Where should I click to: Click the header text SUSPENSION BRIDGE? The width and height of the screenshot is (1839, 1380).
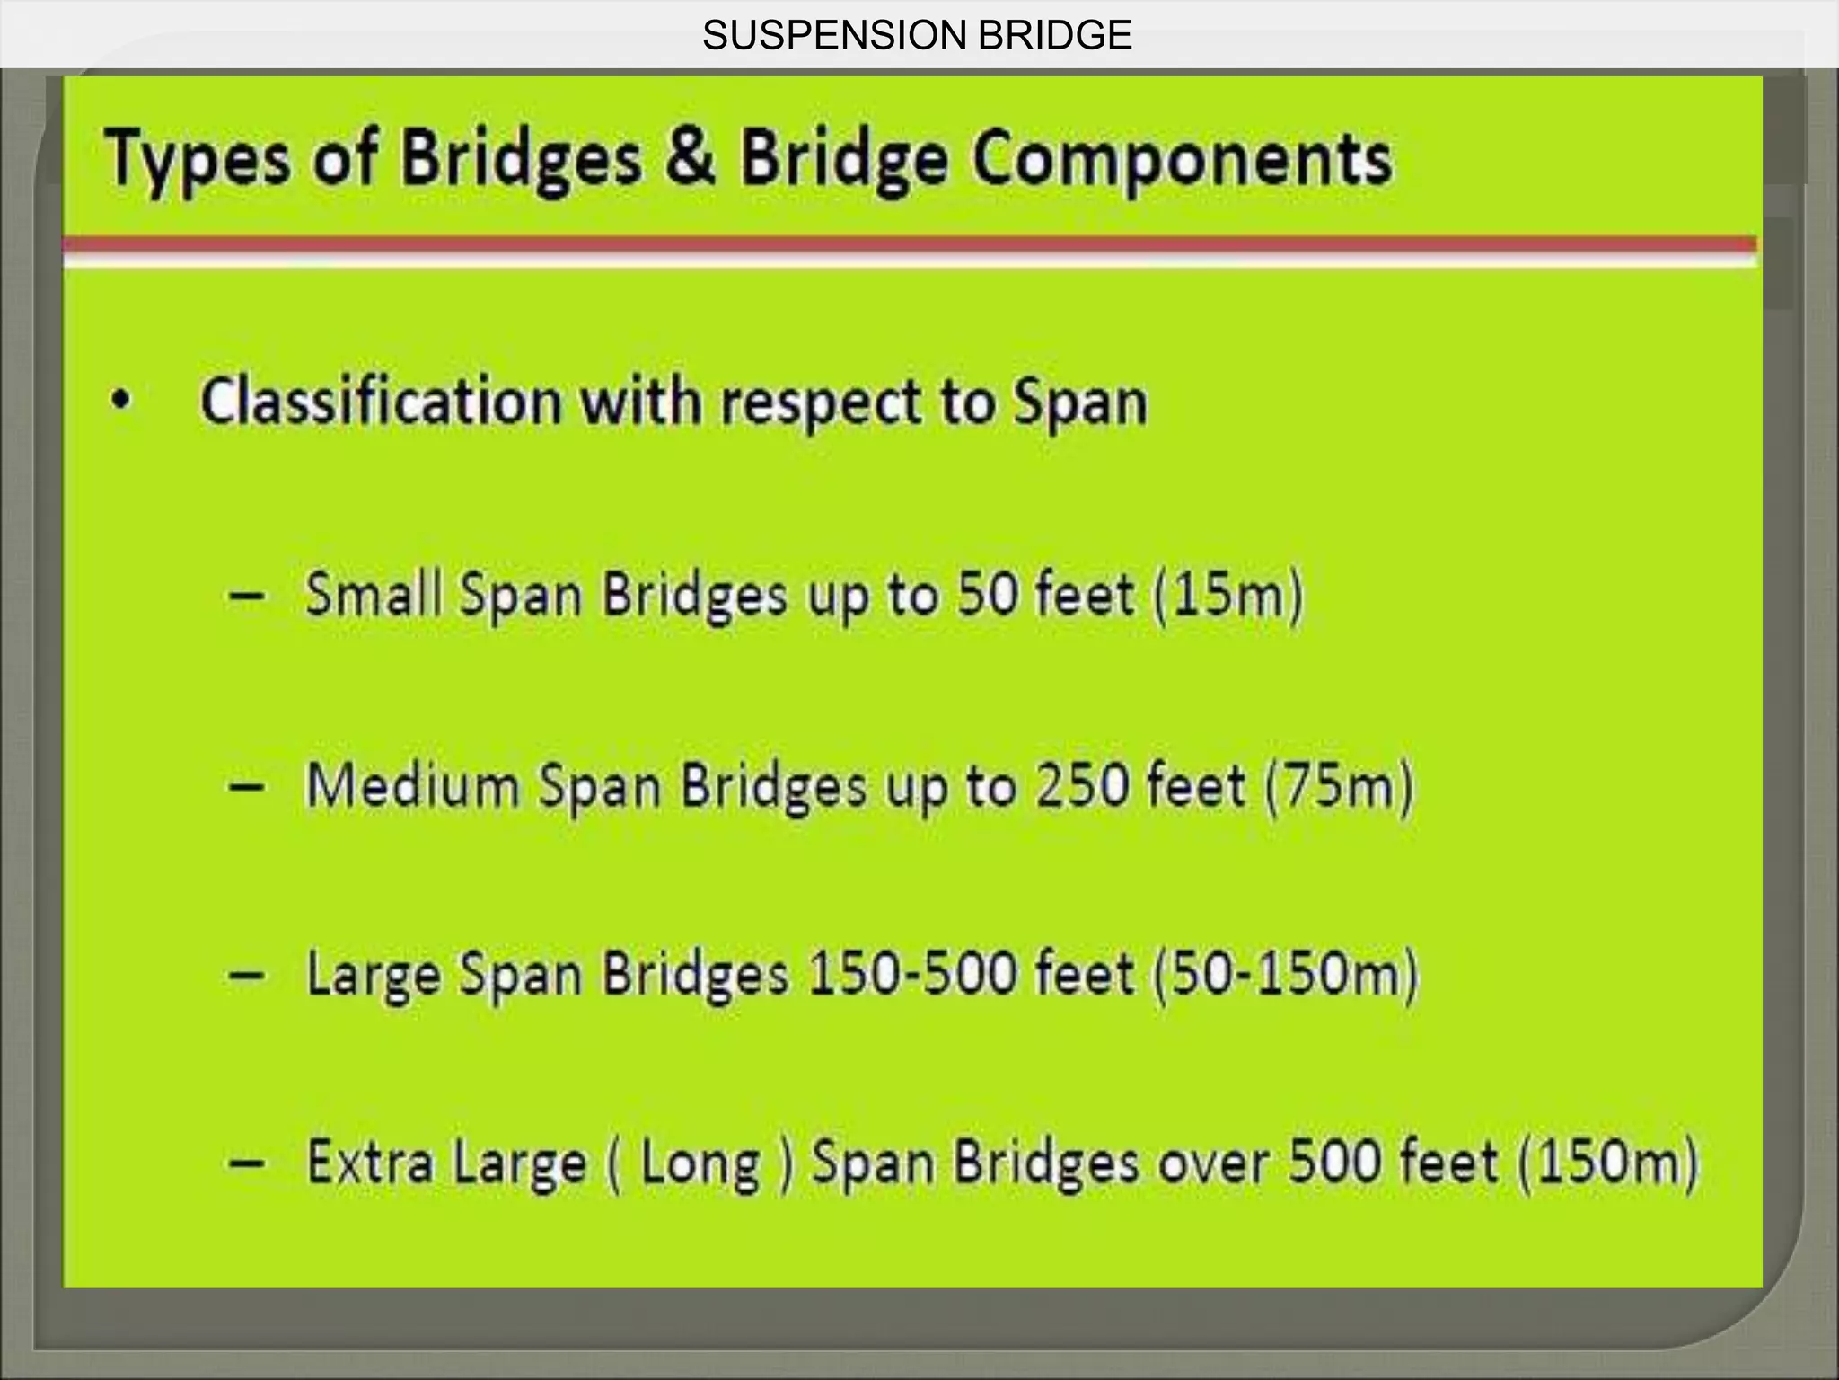tap(917, 36)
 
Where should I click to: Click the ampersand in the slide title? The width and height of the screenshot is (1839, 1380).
tap(691, 157)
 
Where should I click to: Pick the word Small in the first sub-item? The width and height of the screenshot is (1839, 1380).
tap(374, 594)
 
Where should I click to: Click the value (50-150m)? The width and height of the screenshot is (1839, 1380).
tap(1285, 975)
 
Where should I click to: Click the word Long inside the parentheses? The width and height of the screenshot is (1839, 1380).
tap(700, 1163)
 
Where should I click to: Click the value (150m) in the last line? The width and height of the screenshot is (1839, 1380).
tap(1608, 1163)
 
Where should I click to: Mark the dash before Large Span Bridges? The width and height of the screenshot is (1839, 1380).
tap(246, 975)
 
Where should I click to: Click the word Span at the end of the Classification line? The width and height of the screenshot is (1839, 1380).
tap(1081, 403)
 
